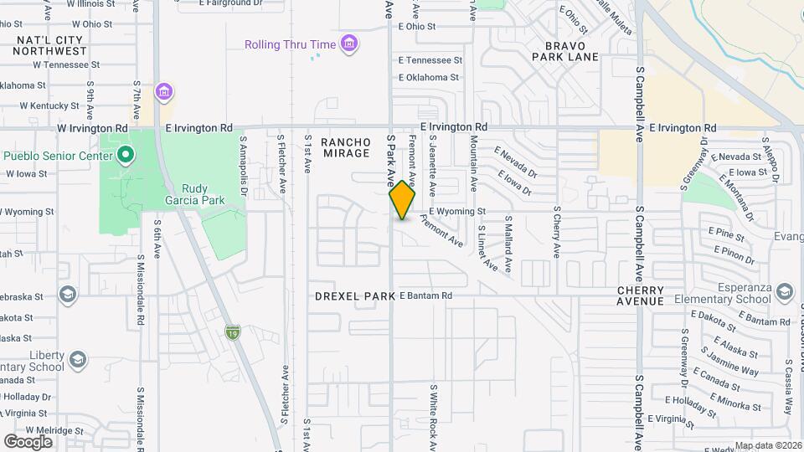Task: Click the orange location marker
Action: click(x=402, y=200)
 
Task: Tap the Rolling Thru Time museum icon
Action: click(x=350, y=44)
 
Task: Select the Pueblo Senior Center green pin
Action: click(x=126, y=155)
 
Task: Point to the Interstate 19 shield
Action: click(x=232, y=333)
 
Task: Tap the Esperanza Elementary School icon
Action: click(x=785, y=292)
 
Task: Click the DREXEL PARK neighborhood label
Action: click(x=354, y=296)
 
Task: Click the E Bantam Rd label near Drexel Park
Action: click(x=425, y=295)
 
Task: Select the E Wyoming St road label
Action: click(x=457, y=212)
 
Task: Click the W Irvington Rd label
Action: click(x=92, y=128)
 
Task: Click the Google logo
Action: click(x=28, y=441)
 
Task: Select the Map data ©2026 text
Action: click(x=766, y=445)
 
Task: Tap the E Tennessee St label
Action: click(x=430, y=60)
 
